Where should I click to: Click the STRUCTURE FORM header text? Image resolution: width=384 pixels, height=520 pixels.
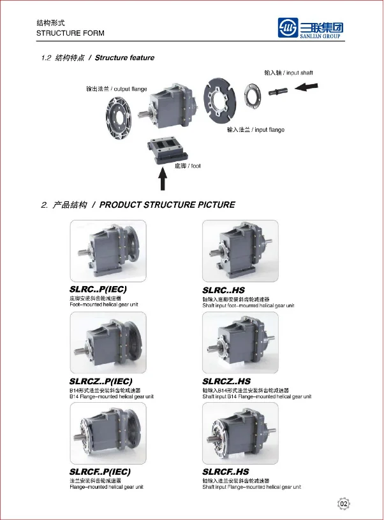click(x=71, y=33)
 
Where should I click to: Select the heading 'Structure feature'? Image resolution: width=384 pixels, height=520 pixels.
click(x=126, y=58)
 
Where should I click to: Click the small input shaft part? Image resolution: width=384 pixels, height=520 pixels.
click(x=281, y=92)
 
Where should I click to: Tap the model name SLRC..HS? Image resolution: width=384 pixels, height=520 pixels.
click(x=223, y=290)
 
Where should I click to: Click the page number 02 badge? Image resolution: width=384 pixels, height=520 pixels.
click(x=344, y=504)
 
